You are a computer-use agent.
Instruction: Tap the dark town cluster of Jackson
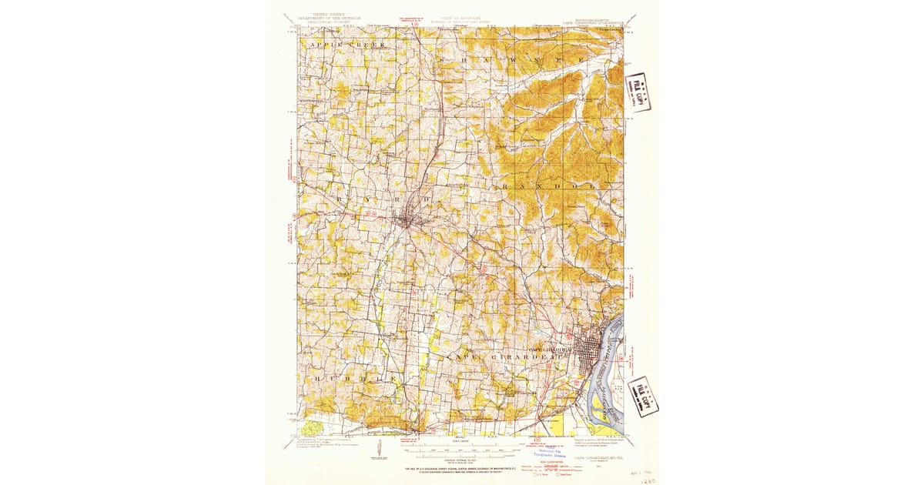pos(408,221)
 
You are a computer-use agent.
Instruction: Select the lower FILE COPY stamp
pos(642,395)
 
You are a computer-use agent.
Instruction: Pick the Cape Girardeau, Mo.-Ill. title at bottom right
pos(600,446)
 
